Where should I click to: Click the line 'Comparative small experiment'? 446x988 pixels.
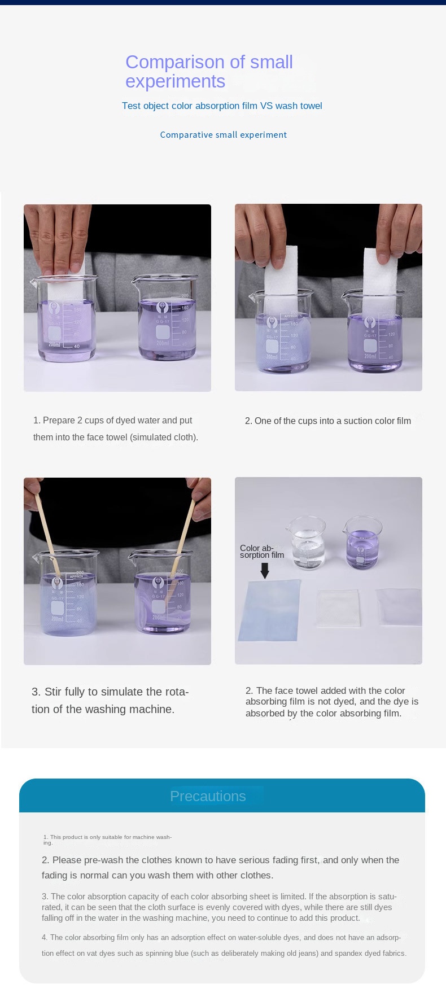(x=224, y=135)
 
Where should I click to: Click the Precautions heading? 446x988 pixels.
(x=208, y=796)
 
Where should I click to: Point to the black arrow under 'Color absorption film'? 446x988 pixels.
(x=264, y=570)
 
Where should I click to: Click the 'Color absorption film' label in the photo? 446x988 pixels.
(x=262, y=552)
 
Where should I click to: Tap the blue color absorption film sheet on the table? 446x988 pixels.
(x=269, y=611)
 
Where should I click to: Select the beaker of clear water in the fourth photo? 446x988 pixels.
(x=308, y=543)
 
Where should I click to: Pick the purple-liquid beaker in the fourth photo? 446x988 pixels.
(x=363, y=542)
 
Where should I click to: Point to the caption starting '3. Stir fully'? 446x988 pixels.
(x=110, y=701)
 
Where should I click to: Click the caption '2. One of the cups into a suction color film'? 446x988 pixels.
(x=328, y=421)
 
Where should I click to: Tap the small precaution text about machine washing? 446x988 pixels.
(x=107, y=840)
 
